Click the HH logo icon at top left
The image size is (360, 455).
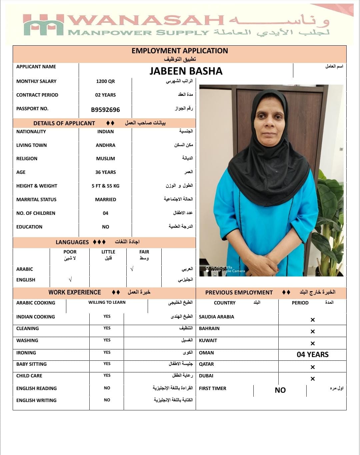coord(43,25)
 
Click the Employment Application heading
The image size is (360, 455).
coord(180,51)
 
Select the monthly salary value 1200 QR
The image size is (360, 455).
coord(105,81)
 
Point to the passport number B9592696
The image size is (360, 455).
coord(105,110)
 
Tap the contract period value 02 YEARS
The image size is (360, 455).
coord(105,95)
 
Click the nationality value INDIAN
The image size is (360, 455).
coord(105,132)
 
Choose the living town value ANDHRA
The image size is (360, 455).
coord(105,145)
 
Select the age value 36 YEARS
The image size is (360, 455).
coord(105,172)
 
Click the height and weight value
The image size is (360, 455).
coord(105,186)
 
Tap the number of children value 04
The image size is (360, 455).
coord(105,213)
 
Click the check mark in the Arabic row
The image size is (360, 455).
coord(132,269)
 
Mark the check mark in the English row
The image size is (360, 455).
coord(70,280)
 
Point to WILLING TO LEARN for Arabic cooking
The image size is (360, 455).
coord(107,302)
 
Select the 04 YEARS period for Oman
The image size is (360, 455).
coord(312,354)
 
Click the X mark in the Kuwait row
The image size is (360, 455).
coord(312,343)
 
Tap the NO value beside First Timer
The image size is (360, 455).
coord(280,390)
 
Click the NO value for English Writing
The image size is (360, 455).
coord(107,400)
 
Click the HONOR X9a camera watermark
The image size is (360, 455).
coord(225,269)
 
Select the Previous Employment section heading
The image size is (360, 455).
coord(239,292)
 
